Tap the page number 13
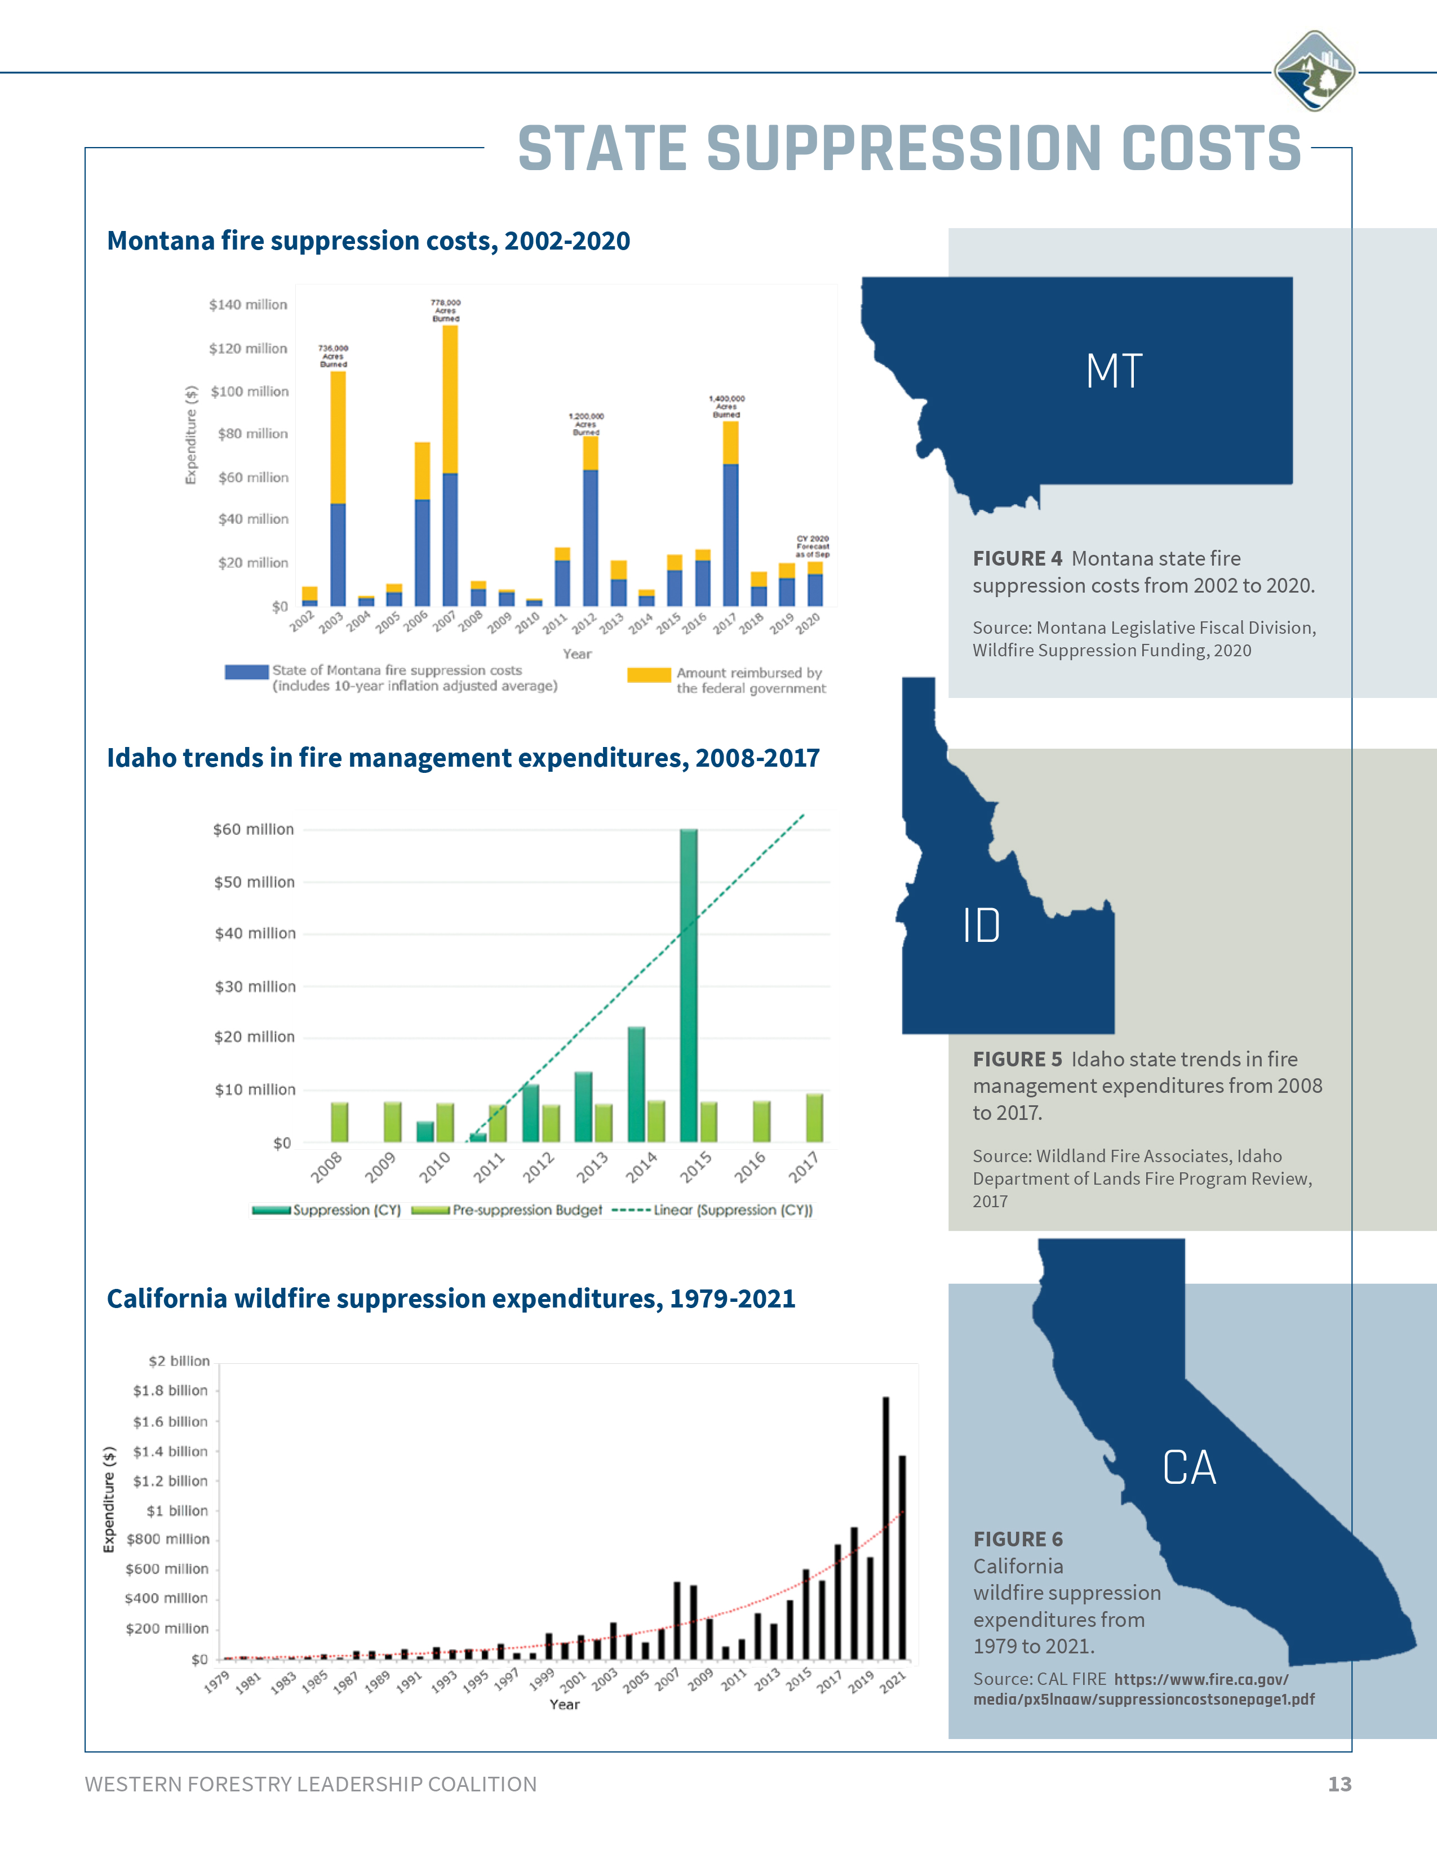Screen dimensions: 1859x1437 click(x=1339, y=1784)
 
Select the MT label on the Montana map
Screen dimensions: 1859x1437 click(x=1114, y=371)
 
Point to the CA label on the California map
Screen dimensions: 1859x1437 click(x=1189, y=1467)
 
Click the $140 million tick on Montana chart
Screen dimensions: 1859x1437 click(x=248, y=305)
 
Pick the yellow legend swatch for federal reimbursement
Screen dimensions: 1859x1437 click(x=649, y=675)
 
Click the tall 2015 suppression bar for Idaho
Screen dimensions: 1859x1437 click(x=689, y=988)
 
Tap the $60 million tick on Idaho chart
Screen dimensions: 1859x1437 click(x=253, y=829)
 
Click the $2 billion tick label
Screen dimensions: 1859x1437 click(x=179, y=1361)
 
